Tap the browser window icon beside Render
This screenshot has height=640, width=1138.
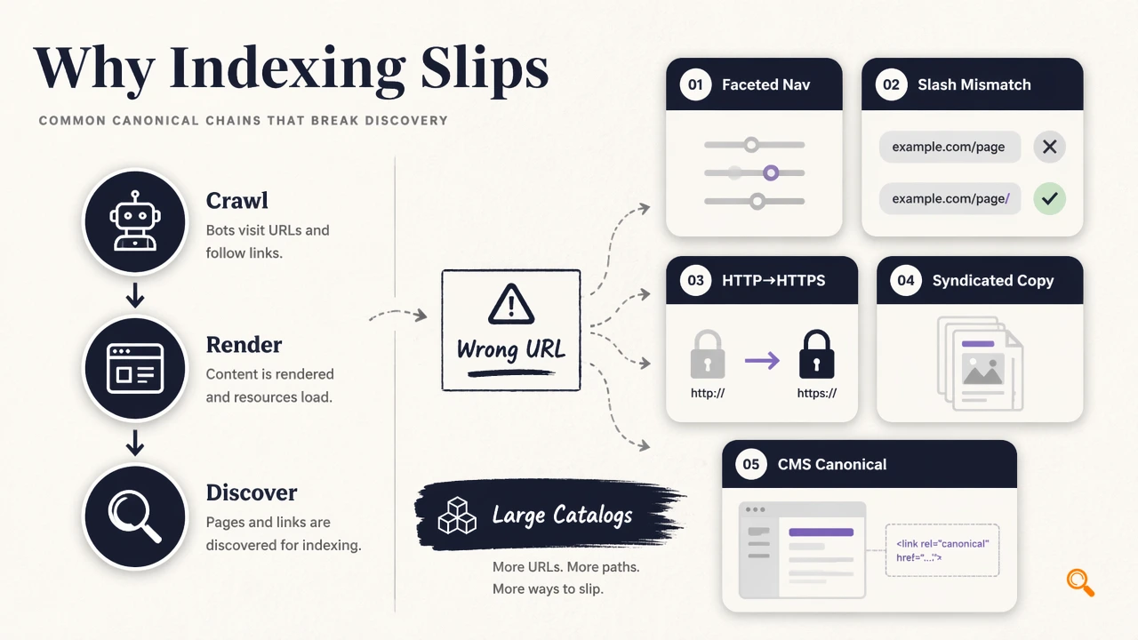tap(135, 368)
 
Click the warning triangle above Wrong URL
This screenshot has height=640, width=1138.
tap(511, 304)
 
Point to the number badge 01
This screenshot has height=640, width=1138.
tap(695, 84)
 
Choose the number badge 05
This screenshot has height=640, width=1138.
tap(751, 464)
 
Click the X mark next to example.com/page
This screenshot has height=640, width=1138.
tap(1050, 147)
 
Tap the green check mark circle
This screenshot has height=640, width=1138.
tap(1050, 198)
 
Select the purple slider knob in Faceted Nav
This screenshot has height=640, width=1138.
tap(771, 173)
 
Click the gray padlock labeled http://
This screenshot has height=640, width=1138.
tap(707, 355)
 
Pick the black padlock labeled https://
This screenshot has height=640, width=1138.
tap(816, 355)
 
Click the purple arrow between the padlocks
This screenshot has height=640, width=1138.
tap(762, 361)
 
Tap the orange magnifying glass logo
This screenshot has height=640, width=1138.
tap(1080, 582)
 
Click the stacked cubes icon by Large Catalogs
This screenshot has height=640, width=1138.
tap(457, 516)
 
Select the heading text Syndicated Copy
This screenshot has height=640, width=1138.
tap(993, 280)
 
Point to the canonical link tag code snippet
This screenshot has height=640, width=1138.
tap(942, 550)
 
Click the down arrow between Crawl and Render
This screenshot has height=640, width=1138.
tap(135, 295)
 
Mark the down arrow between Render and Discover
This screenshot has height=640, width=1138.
tap(135, 443)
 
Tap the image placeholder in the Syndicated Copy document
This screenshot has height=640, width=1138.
tap(982, 369)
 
